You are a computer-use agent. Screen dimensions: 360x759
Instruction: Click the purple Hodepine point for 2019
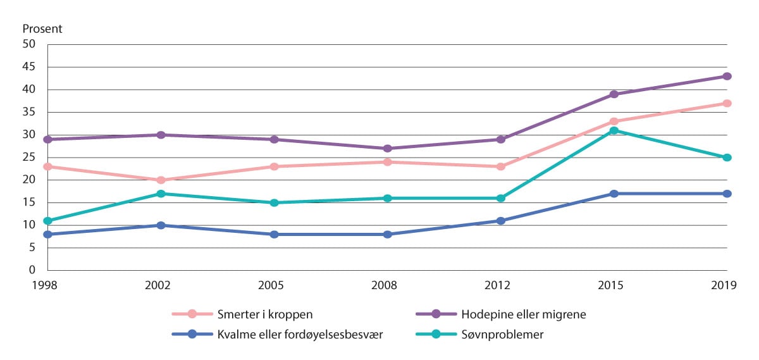(x=727, y=77)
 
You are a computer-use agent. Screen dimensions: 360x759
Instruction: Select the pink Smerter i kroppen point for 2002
(x=161, y=180)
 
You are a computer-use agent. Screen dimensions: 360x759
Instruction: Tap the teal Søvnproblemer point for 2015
(x=614, y=130)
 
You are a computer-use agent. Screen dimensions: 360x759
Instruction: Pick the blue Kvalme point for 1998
(x=47, y=234)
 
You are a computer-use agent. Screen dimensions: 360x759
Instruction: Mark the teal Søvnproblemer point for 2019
(x=727, y=158)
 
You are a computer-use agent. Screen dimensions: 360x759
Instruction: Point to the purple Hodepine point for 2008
(x=387, y=149)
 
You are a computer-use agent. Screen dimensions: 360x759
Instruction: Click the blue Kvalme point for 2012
(x=501, y=221)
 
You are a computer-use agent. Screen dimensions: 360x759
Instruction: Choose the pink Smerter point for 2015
(x=614, y=121)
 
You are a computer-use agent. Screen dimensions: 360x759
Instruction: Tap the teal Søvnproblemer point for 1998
(x=47, y=221)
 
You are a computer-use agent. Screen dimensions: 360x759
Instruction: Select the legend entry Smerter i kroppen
(x=243, y=314)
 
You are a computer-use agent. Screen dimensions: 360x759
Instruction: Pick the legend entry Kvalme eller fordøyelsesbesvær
(x=279, y=334)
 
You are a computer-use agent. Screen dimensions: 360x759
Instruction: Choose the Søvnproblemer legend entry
(x=503, y=334)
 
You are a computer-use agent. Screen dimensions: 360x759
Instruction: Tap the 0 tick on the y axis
(x=32, y=270)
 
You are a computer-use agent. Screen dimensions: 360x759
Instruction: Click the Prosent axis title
(x=43, y=29)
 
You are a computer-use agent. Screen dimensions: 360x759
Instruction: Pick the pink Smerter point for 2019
(x=727, y=103)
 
